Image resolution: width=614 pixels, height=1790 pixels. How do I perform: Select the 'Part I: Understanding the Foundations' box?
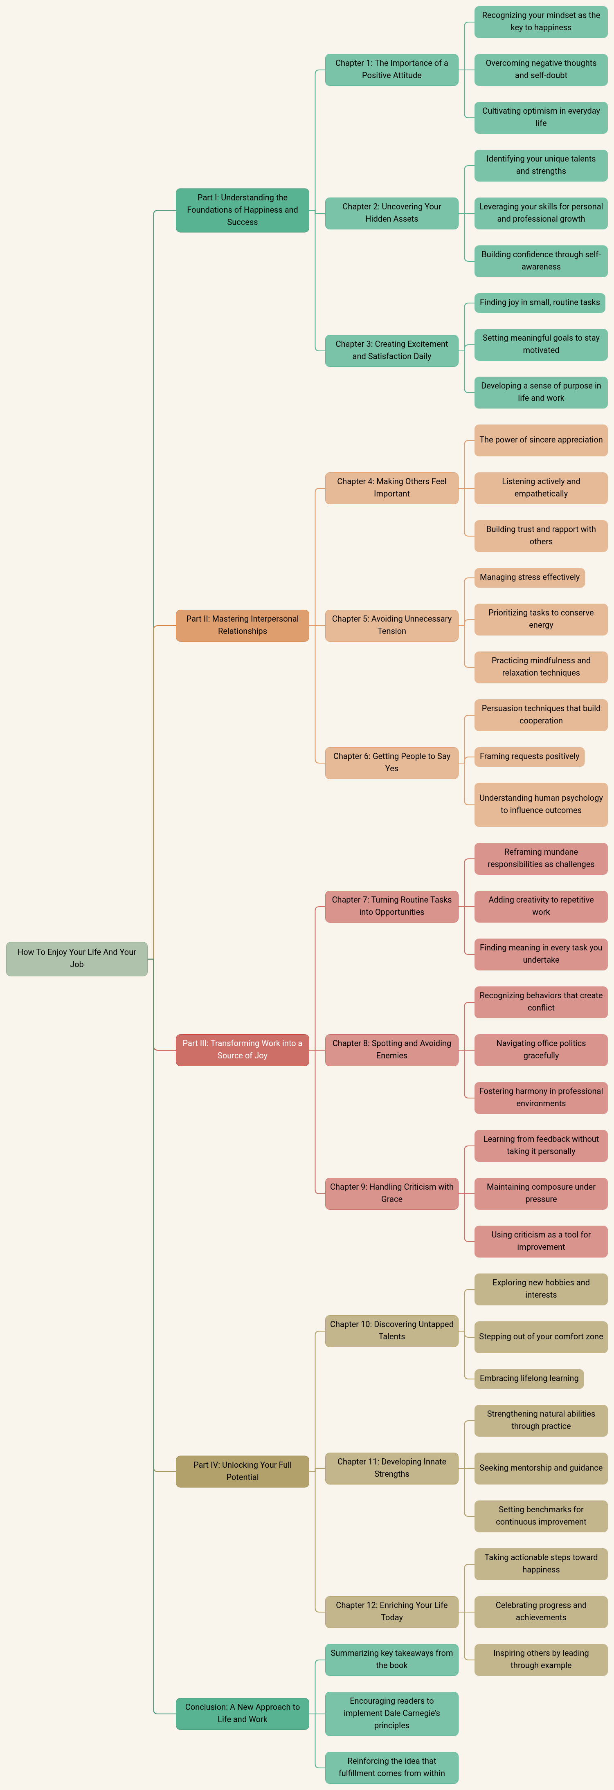(x=242, y=210)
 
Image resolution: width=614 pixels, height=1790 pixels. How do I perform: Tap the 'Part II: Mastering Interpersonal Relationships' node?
(x=242, y=625)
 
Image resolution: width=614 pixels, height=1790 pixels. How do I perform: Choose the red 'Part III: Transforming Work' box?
(x=242, y=1049)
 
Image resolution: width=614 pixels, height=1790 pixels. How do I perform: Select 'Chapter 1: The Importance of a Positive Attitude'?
(x=391, y=70)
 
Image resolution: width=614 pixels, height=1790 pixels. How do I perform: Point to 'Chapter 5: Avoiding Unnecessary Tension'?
(x=391, y=625)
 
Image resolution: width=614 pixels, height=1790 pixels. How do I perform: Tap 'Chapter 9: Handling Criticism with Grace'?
(x=391, y=1193)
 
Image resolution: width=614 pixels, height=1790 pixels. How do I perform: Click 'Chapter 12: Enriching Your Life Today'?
(x=391, y=1611)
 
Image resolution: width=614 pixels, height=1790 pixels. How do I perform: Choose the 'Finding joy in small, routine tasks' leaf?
(x=540, y=302)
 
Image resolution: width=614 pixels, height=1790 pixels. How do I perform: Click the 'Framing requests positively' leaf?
(x=529, y=756)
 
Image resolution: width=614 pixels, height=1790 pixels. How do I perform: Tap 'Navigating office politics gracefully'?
(x=541, y=1049)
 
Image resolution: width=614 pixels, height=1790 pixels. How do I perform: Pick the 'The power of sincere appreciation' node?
(x=541, y=440)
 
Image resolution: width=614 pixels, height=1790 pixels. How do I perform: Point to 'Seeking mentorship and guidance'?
(x=541, y=1468)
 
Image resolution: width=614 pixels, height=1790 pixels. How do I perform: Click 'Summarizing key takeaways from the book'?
(x=391, y=1660)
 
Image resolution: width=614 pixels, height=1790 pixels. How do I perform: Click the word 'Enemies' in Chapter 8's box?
(x=391, y=1056)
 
